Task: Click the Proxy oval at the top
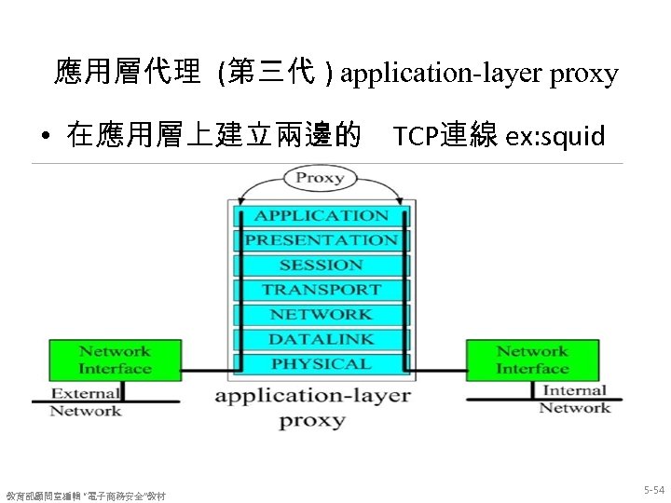point(320,178)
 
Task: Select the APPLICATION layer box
point(322,215)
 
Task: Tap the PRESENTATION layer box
point(322,240)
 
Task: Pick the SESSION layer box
point(322,265)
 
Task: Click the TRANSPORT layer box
point(322,290)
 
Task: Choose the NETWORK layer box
point(322,315)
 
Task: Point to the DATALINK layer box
point(322,339)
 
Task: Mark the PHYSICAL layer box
point(322,364)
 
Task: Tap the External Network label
point(85,401)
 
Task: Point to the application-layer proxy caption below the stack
point(312,407)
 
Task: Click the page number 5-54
point(653,489)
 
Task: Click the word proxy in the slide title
point(583,74)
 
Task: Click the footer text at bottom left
point(86,495)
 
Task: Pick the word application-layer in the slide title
point(442,74)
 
